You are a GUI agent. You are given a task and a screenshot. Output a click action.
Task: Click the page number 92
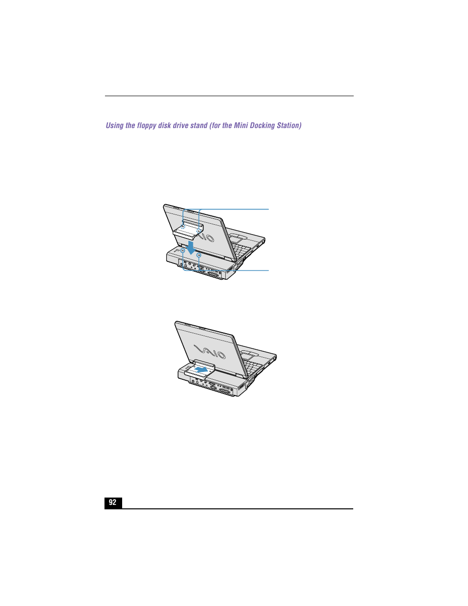coord(113,502)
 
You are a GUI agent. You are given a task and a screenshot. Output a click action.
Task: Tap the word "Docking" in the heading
coord(262,126)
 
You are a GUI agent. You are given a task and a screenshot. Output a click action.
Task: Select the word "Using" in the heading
coord(114,126)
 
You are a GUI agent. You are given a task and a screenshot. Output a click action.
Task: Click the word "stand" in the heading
coord(199,126)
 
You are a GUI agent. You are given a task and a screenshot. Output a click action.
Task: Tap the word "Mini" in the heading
coord(241,126)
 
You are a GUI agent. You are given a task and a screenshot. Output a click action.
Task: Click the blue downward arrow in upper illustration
coord(191,246)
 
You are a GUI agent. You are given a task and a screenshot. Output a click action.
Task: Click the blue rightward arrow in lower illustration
coord(201,368)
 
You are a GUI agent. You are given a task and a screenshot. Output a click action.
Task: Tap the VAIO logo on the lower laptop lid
coord(210,352)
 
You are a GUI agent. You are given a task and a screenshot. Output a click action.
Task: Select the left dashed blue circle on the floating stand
coord(182,227)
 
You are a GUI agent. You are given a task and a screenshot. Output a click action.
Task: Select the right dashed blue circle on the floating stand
coord(199,230)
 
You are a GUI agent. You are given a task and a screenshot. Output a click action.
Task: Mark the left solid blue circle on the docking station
coord(183,250)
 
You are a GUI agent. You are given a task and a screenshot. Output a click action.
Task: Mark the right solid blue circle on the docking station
coord(199,255)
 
